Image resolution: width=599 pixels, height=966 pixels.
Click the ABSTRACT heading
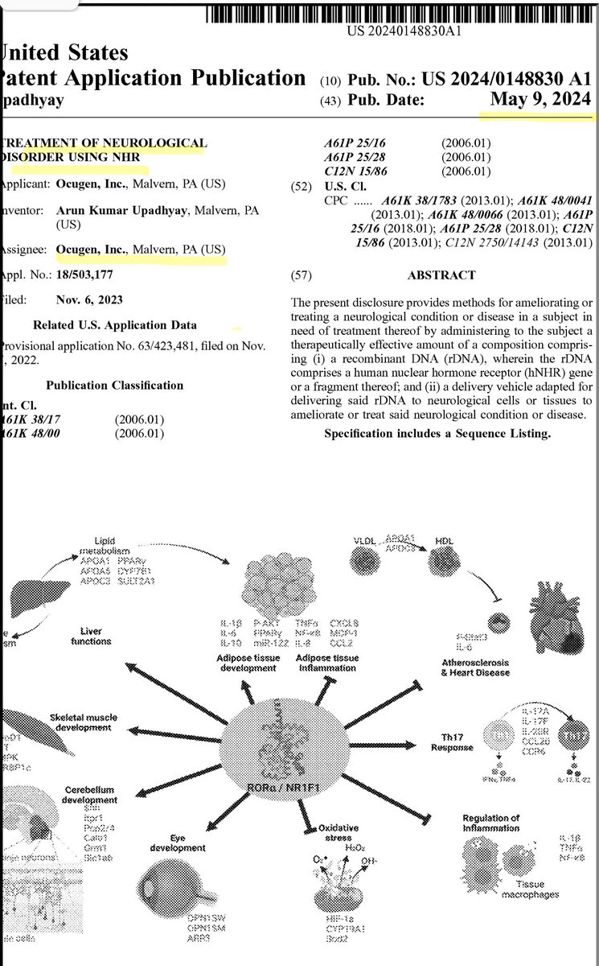[441, 275]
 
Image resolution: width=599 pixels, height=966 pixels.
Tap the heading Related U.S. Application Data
[114, 326]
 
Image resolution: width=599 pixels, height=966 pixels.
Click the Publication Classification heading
[114, 386]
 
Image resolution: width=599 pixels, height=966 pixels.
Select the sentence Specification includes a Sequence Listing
[437, 434]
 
